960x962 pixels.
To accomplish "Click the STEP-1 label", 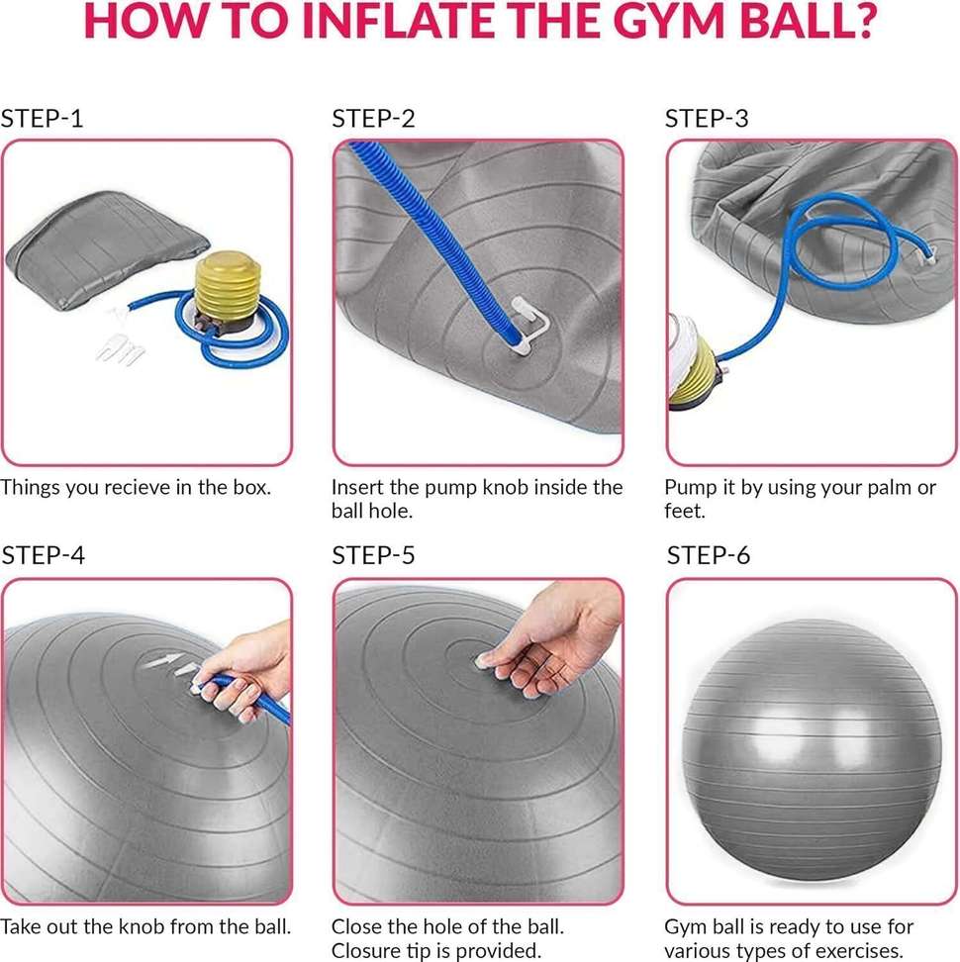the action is click(x=42, y=119).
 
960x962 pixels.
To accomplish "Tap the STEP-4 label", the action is click(x=43, y=555).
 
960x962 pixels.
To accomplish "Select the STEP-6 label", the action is click(x=709, y=555).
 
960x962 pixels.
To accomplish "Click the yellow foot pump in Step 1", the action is click(x=228, y=292).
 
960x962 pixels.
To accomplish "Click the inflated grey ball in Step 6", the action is click(x=811, y=751).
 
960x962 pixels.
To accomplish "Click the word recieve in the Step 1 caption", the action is click(x=138, y=487).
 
